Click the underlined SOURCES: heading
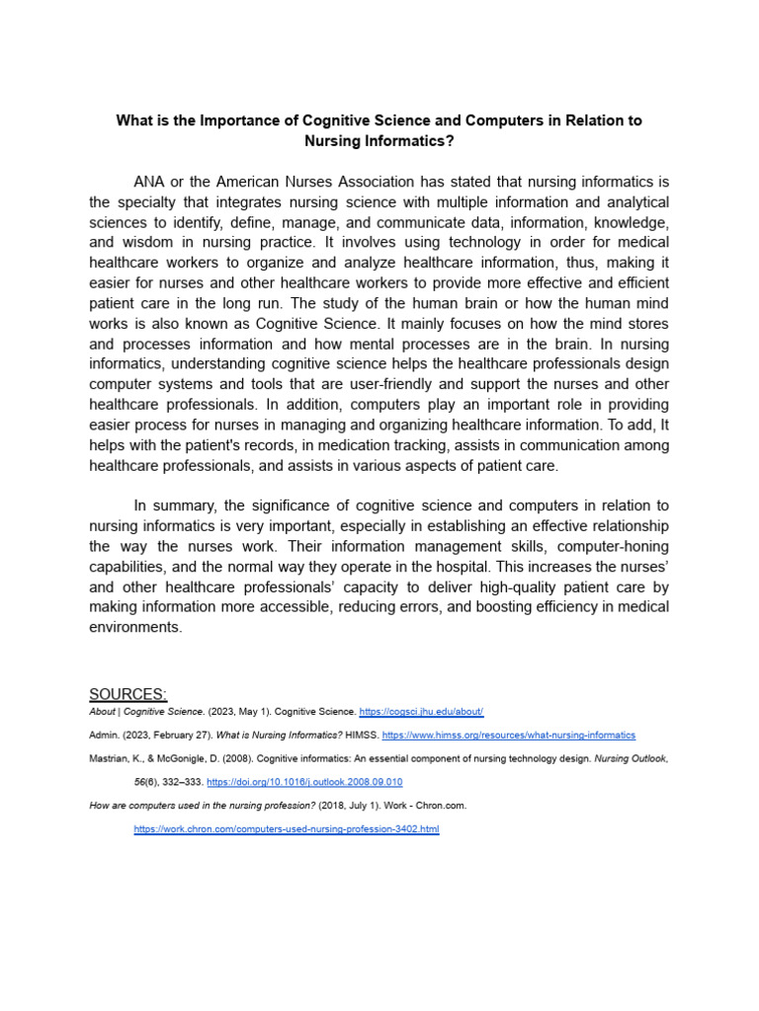[x=127, y=693]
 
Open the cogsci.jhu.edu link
[x=421, y=712]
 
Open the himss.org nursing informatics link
[x=508, y=736]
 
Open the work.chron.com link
[x=286, y=829]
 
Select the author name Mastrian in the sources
[x=108, y=759]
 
